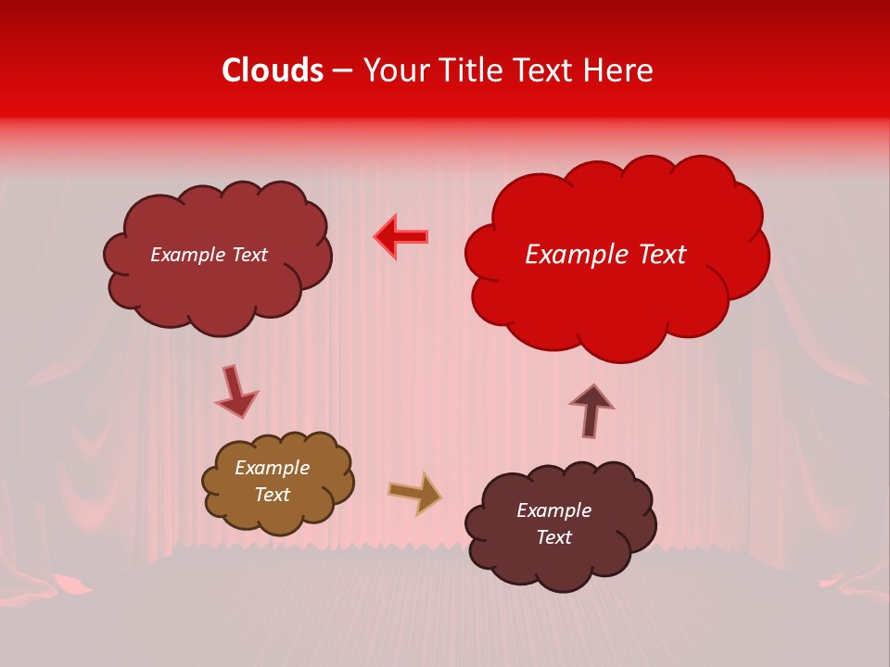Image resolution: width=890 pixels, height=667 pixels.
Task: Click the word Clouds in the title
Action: tap(273, 70)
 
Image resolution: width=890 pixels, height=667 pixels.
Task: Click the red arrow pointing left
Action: tap(401, 237)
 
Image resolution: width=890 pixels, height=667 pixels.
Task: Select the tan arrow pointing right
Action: tap(415, 493)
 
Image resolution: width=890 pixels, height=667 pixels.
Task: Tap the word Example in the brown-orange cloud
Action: tap(273, 468)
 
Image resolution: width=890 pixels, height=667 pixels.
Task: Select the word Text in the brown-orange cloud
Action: tap(273, 495)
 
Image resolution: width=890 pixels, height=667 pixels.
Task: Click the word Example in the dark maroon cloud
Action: tap(553, 510)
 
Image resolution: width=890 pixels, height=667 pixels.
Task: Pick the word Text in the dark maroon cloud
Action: tap(553, 537)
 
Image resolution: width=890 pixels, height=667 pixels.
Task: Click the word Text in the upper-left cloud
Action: tap(248, 255)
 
